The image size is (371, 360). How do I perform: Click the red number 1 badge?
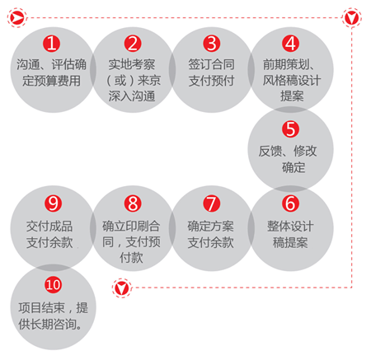pyautogui.click(x=51, y=44)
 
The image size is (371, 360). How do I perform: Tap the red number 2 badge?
pyautogui.click(x=133, y=44)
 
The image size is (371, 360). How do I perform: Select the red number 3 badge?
pyautogui.click(x=211, y=44)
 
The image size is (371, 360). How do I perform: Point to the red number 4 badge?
pyautogui.click(x=290, y=44)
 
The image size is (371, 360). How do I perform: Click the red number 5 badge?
pyautogui.click(x=290, y=129)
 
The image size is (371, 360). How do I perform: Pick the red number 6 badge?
pyautogui.click(x=290, y=203)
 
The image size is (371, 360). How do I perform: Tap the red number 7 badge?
pyautogui.click(x=211, y=203)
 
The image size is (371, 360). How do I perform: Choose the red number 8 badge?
pyautogui.click(x=133, y=203)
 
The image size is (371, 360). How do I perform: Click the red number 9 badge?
pyautogui.click(x=53, y=203)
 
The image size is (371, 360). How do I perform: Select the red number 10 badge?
pyautogui.click(x=53, y=284)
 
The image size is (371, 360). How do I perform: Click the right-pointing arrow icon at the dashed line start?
pyautogui.click(x=17, y=18)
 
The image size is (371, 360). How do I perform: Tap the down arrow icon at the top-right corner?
pyautogui.click(x=352, y=18)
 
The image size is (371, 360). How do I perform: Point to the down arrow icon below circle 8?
pyautogui.click(x=122, y=288)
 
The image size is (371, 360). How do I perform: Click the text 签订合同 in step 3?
pyautogui.click(x=211, y=64)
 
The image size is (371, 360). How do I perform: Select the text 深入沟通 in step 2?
pyautogui.click(x=132, y=96)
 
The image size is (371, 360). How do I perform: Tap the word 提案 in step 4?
pyautogui.click(x=292, y=96)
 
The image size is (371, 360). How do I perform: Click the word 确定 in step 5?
pyautogui.click(x=294, y=167)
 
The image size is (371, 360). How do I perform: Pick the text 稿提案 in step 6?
pyautogui.click(x=290, y=242)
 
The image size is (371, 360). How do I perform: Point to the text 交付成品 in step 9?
pyautogui.click(x=49, y=227)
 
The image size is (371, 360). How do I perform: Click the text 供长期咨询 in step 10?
pyautogui.click(x=47, y=325)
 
